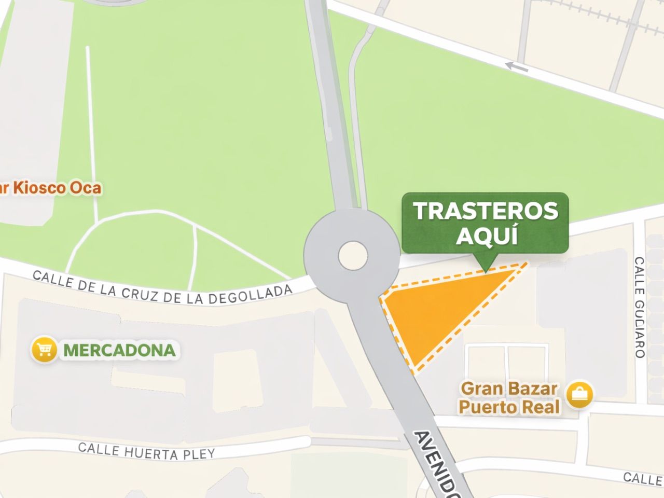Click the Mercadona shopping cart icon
44,350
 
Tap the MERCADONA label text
119,350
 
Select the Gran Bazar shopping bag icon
578,395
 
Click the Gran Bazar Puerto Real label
509,398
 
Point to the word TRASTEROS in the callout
485,211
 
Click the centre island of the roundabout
353,255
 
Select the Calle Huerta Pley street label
146,451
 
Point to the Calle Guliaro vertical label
639,307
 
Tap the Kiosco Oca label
52,188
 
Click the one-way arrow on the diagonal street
517,66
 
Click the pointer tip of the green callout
486,270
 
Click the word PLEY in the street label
198,454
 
